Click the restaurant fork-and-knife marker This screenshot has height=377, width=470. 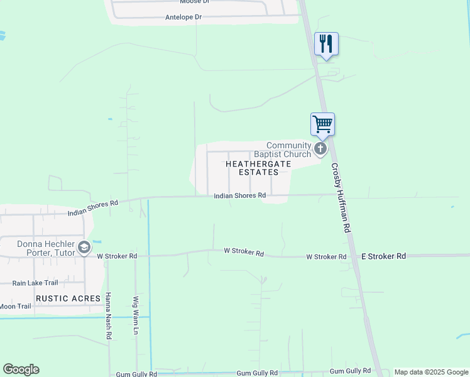pos(326,44)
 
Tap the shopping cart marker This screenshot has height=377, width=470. pos(322,124)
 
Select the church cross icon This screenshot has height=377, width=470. pos(320,149)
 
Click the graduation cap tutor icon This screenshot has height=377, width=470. pos(84,248)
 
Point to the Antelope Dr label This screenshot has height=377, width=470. pos(183,17)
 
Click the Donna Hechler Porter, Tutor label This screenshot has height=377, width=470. pos(37,248)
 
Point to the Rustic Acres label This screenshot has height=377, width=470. pos(68,298)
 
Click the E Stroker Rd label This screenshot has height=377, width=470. pos(384,256)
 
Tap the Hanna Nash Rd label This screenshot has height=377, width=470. pos(108,317)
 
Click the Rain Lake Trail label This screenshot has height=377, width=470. pos(35,283)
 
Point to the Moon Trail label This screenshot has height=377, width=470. pos(15,307)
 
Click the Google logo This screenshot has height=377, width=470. pos(21,369)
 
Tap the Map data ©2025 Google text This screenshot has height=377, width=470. pos(431,373)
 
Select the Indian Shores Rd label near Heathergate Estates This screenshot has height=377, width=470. pos(239,195)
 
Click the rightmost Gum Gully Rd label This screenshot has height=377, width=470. pos(345,371)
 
